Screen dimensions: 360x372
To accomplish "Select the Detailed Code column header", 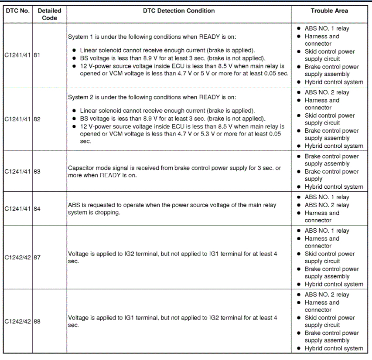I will [x=49, y=14].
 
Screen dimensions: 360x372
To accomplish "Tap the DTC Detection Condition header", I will [x=179, y=10].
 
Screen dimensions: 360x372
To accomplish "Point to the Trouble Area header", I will [x=329, y=10].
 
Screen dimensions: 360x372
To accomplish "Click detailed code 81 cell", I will [x=37, y=55].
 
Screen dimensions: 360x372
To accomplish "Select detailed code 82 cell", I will [x=37, y=119].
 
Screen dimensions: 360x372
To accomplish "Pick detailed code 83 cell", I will [x=37, y=172].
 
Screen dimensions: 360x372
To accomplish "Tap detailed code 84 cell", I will [x=37, y=209].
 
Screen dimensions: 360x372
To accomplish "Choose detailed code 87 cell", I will [x=37, y=258].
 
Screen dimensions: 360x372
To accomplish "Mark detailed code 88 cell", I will [x=37, y=322].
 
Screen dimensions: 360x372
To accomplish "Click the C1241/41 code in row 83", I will [x=18, y=172].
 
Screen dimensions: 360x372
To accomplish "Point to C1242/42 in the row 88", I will [x=18, y=322].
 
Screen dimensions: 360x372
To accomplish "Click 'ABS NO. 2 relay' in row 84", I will [x=327, y=205].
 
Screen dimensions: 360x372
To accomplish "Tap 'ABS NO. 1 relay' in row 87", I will [x=327, y=231].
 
